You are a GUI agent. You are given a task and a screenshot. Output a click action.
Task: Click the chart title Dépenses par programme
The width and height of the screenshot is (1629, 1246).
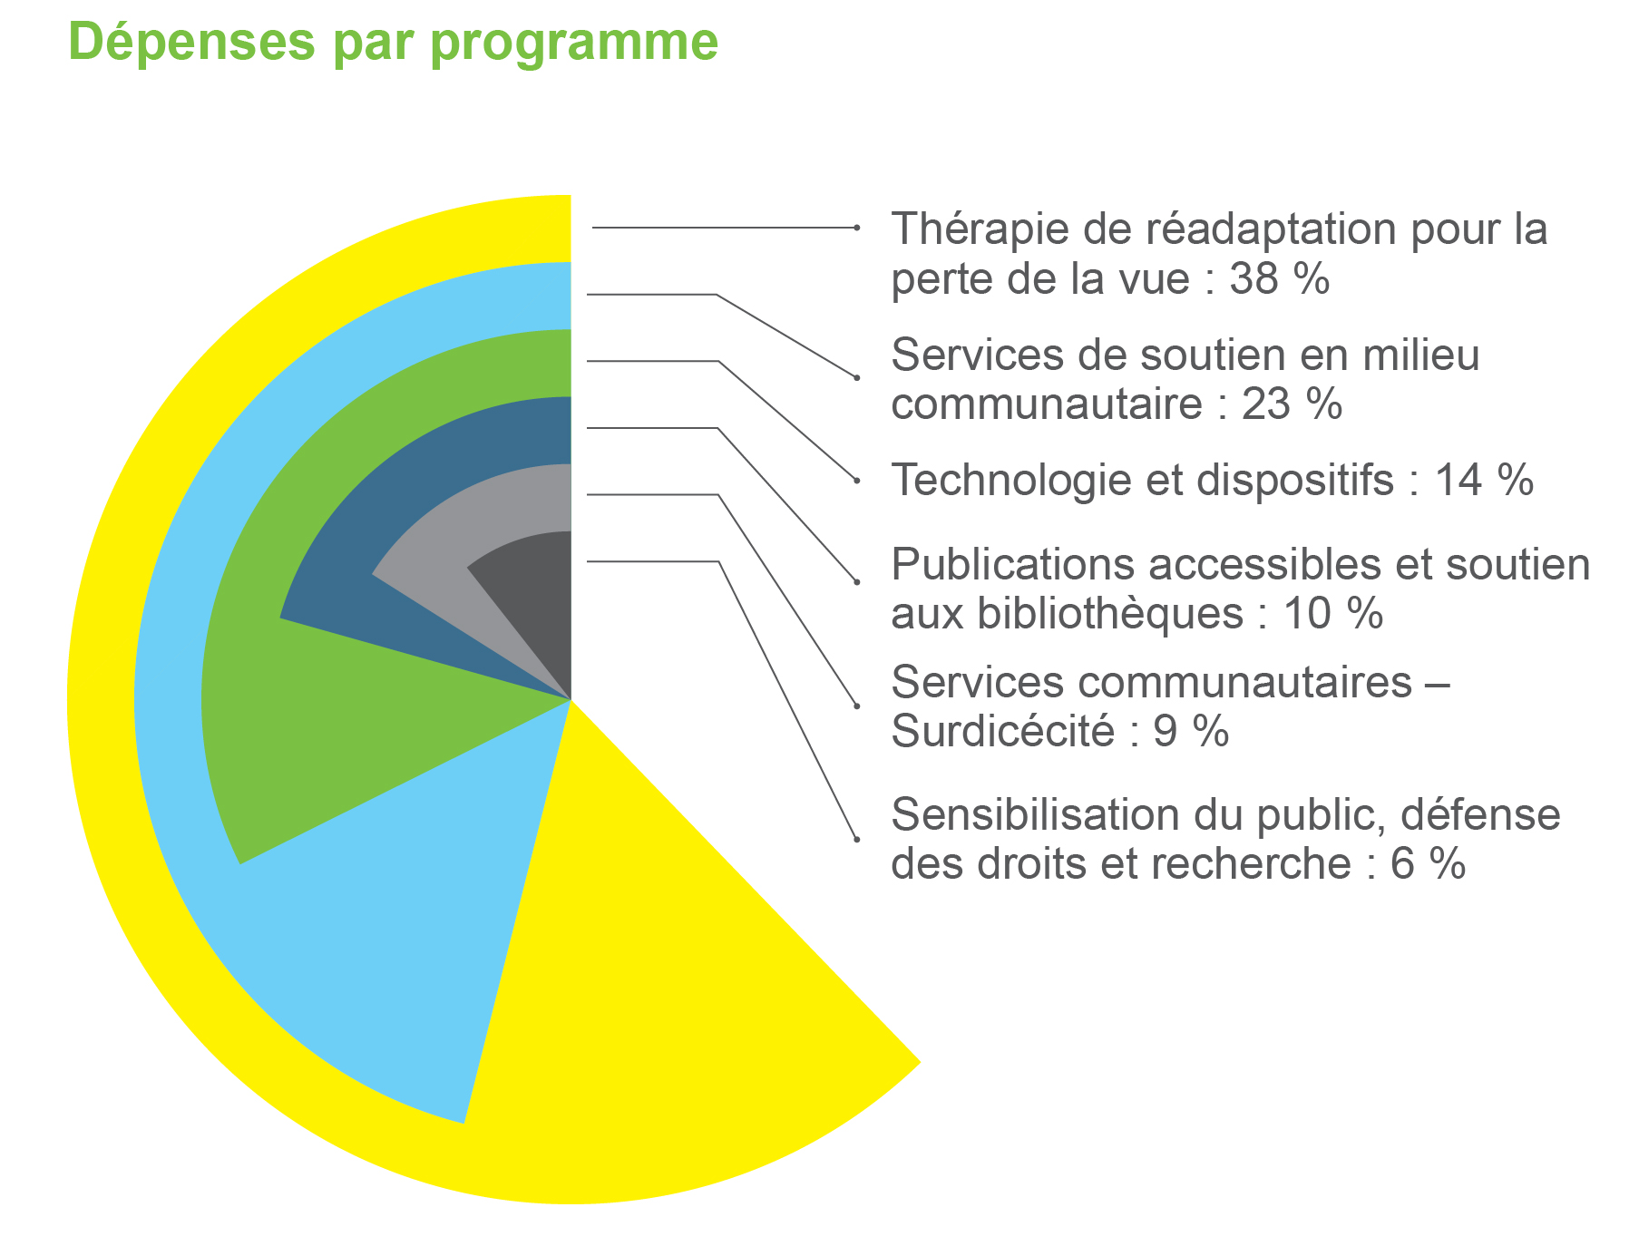pyautogui.click(x=393, y=42)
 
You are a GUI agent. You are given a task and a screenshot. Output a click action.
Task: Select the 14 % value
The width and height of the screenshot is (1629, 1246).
pyautogui.click(x=1484, y=480)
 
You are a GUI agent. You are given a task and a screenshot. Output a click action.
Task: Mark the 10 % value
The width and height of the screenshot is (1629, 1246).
pyautogui.click(x=1333, y=614)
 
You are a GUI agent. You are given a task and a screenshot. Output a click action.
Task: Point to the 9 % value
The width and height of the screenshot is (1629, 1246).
pyautogui.click(x=1191, y=731)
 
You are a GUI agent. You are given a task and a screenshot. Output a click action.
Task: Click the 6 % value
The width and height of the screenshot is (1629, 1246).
pyautogui.click(x=1428, y=863)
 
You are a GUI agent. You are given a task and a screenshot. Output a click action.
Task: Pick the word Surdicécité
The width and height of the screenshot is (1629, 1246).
pyautogui.click(x=1002, y=731)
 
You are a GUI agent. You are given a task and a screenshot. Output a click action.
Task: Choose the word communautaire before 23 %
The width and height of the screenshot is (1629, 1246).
pyautogui.click(x=1047, y=404)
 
